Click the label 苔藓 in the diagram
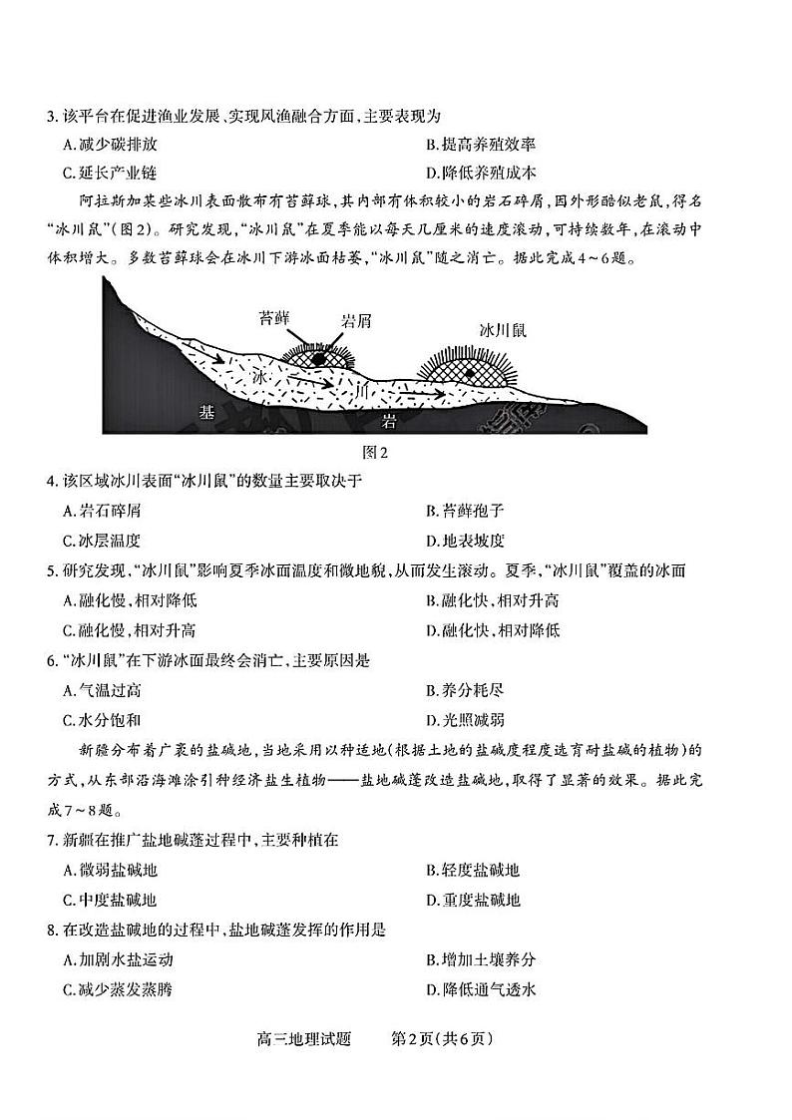(273, 319)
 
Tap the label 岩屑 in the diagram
(359, 319)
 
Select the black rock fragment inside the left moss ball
(317, 358)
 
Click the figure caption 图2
(375, 452)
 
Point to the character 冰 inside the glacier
(259, 378)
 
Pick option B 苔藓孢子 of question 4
(465, 512)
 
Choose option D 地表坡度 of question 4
(465, 541)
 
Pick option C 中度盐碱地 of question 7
(110, 899)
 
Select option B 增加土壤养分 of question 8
(480, 959)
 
